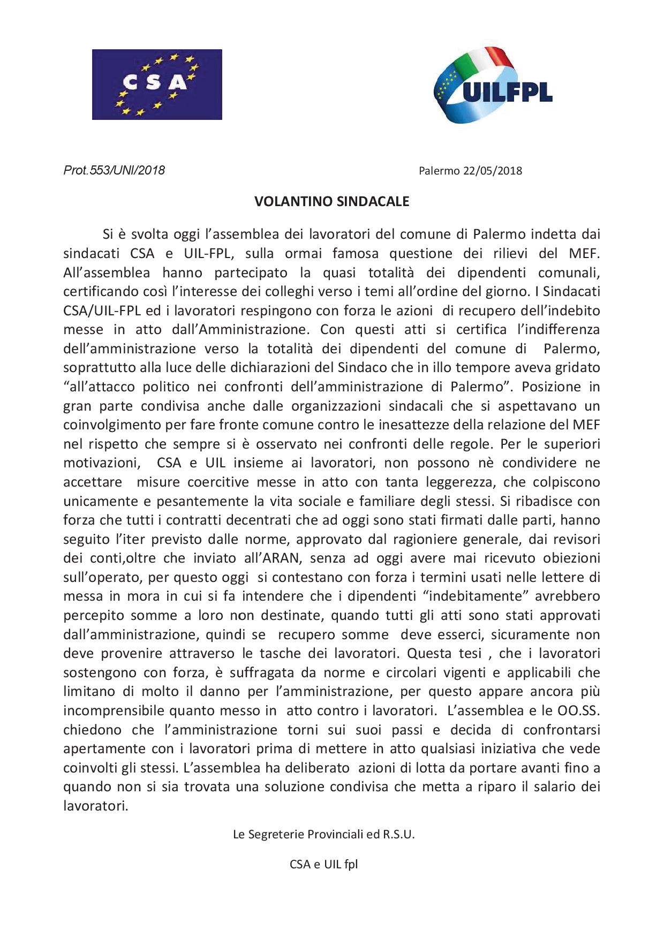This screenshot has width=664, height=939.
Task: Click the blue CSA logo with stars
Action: click(157, 84)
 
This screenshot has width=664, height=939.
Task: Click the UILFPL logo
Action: click(493, 86)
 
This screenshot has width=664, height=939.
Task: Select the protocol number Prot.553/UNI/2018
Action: click(114, 170)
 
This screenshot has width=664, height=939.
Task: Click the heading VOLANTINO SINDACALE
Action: click(331, 201)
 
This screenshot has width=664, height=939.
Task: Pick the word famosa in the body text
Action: click(356, 253)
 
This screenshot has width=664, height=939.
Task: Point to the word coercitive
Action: click(218, 482)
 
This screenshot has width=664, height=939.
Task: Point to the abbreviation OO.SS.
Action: click(575, 710)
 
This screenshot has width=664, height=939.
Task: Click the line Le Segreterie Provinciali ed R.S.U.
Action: click(323, 834)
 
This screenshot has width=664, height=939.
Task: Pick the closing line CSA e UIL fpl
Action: click(323, 864)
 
